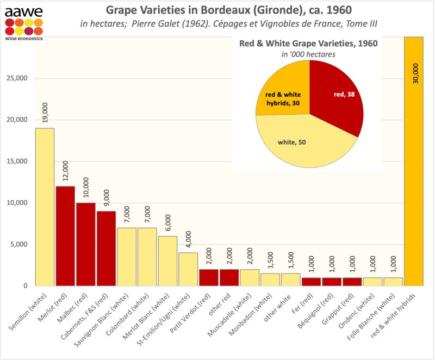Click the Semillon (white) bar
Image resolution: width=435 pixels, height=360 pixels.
tap(45, 207)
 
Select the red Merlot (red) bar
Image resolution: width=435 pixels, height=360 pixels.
tap(65, 236)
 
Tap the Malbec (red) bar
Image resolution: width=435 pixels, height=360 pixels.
tap(85, 244)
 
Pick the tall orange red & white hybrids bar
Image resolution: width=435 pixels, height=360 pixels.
tap(414, 163)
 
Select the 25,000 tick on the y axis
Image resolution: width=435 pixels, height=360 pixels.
tap(18, 78)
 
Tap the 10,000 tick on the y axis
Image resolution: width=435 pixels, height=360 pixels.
tap(18, 203)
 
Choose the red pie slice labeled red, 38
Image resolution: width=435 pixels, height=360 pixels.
tap(337, 98)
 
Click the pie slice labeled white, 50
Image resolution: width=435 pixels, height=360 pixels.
tap(304, 144)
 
